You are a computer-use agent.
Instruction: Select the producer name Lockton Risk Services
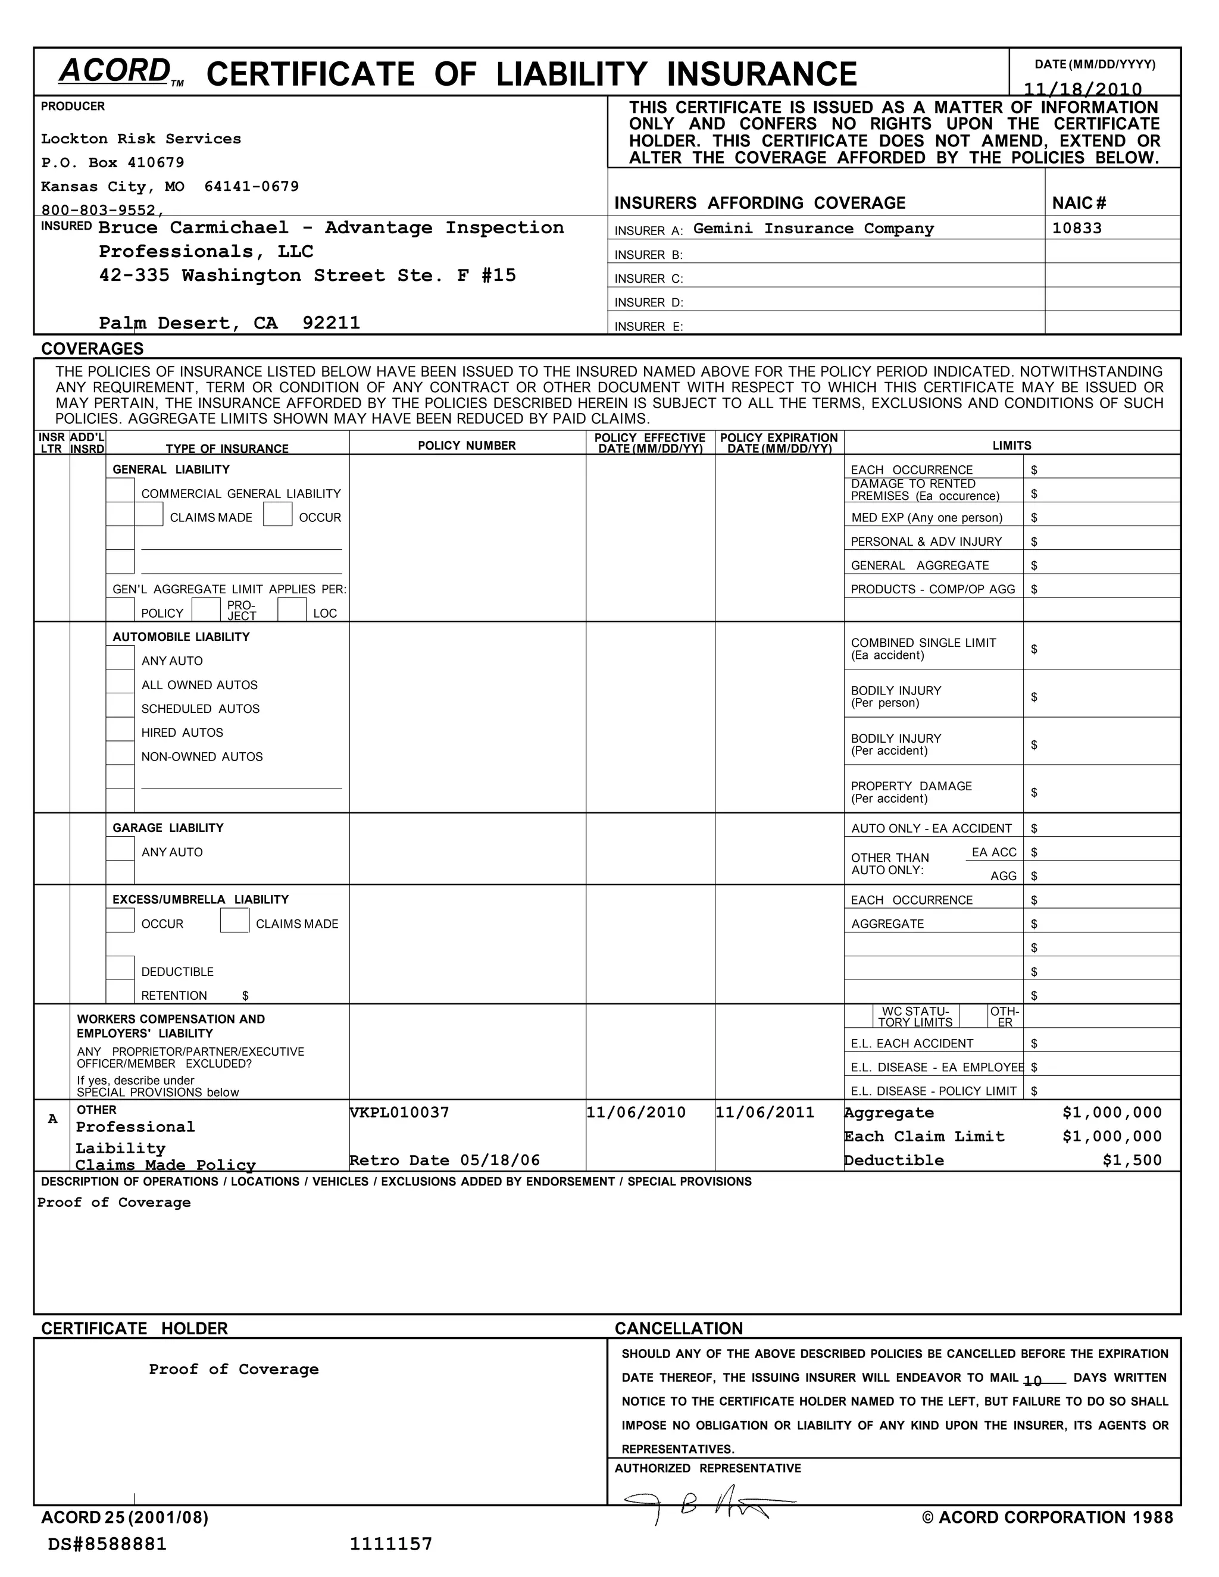point(141,139)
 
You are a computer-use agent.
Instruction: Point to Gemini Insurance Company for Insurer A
point(813,229)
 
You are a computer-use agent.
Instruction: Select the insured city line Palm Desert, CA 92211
point(229,323)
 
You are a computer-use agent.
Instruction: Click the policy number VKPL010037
point(400,1112)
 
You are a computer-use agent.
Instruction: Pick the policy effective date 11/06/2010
point(636,1112)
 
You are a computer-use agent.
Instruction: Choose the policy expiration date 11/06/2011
point(765,1112)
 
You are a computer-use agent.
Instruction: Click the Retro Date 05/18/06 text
point(444,1160)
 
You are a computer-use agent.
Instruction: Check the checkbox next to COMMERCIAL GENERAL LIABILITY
point(120,490)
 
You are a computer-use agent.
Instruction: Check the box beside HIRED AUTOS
point(120,730)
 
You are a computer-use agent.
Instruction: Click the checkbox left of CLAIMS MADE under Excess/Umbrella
point(234,921)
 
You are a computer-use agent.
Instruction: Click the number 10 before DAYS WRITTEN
point(1032,1381)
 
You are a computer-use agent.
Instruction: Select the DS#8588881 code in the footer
point(107,1544)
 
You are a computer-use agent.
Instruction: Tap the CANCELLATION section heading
point(678,1329)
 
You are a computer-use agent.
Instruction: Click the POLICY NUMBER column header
point(467,446)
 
